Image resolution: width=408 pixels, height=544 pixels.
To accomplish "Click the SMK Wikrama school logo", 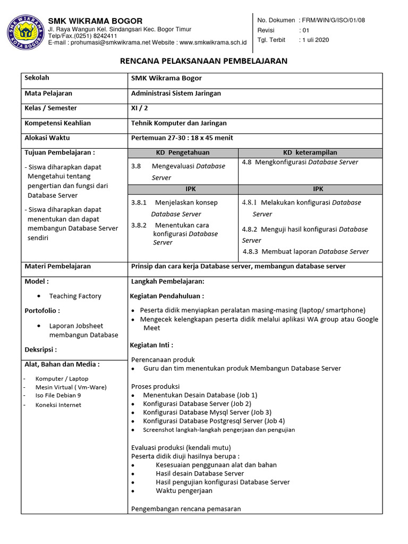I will pyautogui.click(x=24, y=32).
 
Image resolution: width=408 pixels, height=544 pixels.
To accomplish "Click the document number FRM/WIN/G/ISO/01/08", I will pyautogui.click(x=334, y=20).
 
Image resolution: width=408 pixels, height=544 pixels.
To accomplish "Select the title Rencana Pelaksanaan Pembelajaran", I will pyautogui.click(x=204, y=61).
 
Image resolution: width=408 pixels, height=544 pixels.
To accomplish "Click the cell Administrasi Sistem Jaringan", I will pyautogui.click(x=176, y=93).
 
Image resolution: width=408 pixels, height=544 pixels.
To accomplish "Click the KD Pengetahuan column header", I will pyautogui.click(x=183, y=152).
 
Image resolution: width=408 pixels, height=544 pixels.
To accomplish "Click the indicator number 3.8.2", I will pyautogui.click(x=139, y=225).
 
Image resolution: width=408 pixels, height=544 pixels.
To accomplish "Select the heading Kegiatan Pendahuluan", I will pyautogui.click(x=167, y=296).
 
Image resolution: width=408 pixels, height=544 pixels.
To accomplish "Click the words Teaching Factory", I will pyautogui.click(x=75, y=296).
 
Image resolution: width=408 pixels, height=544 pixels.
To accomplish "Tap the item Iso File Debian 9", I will pyautogui.click(x=58, y=396).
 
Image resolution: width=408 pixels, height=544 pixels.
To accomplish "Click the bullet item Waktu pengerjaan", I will pyautogui.click(x=184, y=490).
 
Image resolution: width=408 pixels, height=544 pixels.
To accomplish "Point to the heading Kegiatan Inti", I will pyautogui.click(x=151, y=345).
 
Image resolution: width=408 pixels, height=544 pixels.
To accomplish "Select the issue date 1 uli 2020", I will pyautogui.click(x=314, y=40).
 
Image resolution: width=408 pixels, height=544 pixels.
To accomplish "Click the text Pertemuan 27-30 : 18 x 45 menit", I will pyautogui.click(x=182, y=138).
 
